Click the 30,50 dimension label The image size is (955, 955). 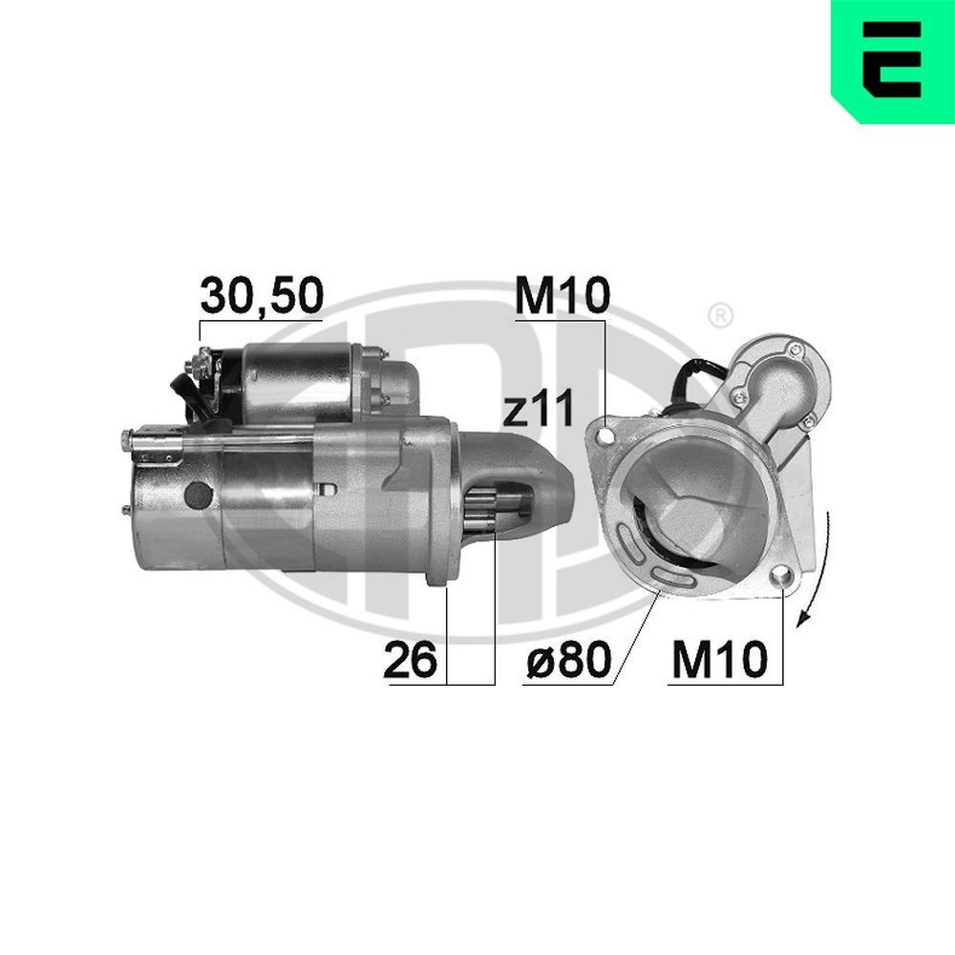[x=261, y=297]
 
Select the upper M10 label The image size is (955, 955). [x=561, y=297]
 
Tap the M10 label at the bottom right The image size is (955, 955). [x=719, y=660]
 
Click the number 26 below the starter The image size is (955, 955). [x=410, y=660]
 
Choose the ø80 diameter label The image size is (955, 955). [x=569, y=660]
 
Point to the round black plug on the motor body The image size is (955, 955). [x=198, y=494]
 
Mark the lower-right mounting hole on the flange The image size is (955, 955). [x=782, y=576]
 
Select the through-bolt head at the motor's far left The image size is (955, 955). [x=126, y=438]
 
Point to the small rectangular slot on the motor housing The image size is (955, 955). [x=329, y=488]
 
